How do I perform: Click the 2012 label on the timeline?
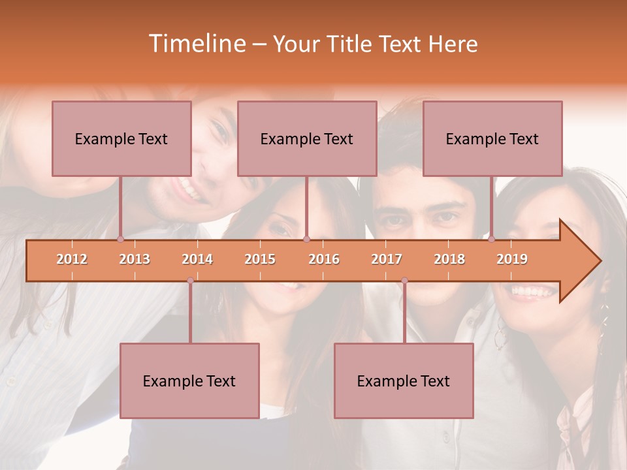pyautogui.click(x=72, y=259)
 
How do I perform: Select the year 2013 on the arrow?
pyautogui.click(x=135, y=259)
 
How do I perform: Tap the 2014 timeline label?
pyautogui.click(x=197, y=259)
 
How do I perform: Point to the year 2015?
pyautogui.click(x=260, y=259)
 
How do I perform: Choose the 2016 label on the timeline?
pyautogui.click(x=324, y=259)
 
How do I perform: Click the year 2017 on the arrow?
pyautogui.click(x=387, y=259)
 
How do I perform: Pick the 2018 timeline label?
pyautogui.click(x=449, y=259)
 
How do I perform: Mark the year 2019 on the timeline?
pyautogui.click(x=512, y=259)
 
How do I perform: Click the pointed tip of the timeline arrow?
pyautogui.click(x=599, y=261)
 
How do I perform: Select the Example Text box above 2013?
pyautogui.click(x=121, y=138)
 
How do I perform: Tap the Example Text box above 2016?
pyautogui.click(x=307, y=138)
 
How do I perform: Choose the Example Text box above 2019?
pyautogui.click(x=492, y=138)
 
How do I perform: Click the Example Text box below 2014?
pyautogui.click(x=189, y=381)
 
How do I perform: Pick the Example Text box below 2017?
pyautogui.click(x=404, y=381)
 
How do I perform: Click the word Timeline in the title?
pyautogui.click(x=196, y=44)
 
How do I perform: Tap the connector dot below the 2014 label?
pyautogui.click(x=190, y=281)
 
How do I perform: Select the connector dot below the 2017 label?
pyautogui.click(x=404, y=281)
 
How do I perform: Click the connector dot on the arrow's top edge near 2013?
pyautogui.click(x=120, y=239)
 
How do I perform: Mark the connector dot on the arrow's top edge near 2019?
pyautogui.click(x=491, y=239)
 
